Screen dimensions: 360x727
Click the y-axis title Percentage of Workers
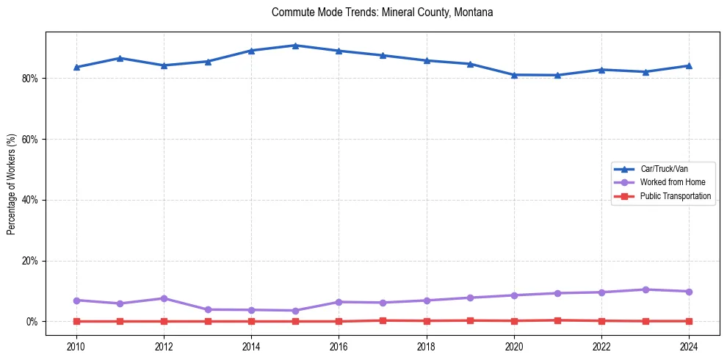(x=11, y=184)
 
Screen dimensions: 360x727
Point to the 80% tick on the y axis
(x=29, y=79)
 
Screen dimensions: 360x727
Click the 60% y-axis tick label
(x=29, y=140)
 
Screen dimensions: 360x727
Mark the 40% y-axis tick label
(x=29, y=200)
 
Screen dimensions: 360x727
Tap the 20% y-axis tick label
(x=29, y=261)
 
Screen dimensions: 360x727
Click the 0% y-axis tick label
(x=32, y=322)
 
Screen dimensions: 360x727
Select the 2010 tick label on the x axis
(x=76, y=345)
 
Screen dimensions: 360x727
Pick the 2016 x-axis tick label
(x=339, y=345)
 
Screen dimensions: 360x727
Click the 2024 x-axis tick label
(x=689, y=345)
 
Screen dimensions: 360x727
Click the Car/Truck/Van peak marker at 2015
(x=295, y=46)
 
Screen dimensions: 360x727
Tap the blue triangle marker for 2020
(x=514, y=75)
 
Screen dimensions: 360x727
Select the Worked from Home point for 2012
(x=164, y=298)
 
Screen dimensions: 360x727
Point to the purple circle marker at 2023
(x=645, y=289)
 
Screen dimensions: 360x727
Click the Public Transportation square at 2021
(x=557, y=320)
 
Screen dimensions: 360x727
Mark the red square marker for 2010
(x=76, y=321)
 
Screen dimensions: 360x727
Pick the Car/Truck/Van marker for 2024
(x=689, y=65)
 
